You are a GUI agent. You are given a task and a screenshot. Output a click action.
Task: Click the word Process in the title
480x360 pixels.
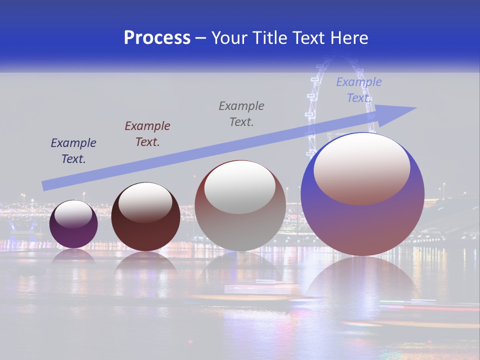[157, 38]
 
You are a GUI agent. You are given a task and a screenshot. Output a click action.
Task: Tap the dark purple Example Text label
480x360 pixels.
[73, 151]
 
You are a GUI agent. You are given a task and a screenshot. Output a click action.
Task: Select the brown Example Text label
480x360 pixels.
[147, 134]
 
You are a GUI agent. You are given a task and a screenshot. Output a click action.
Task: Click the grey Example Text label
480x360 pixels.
[241, 114]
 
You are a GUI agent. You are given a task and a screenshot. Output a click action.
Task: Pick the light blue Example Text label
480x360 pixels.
[359, 90]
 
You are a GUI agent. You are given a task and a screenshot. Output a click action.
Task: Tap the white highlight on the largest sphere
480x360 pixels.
[362, 167]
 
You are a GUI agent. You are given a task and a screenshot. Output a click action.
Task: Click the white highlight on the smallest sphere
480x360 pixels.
[73, 213]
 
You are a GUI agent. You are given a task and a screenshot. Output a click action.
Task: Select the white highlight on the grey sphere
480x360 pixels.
[240, 186]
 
